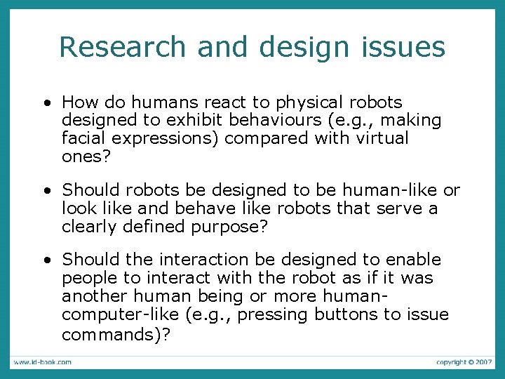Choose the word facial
tap(83, 138)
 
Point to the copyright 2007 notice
tap(464, 362)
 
